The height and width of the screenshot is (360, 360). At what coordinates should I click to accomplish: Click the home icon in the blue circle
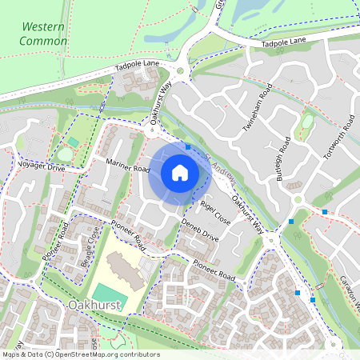click(180, 172)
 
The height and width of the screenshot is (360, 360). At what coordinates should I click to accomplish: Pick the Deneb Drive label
click(199, 230)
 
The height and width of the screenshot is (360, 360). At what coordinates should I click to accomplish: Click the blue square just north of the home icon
click(187, 147)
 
